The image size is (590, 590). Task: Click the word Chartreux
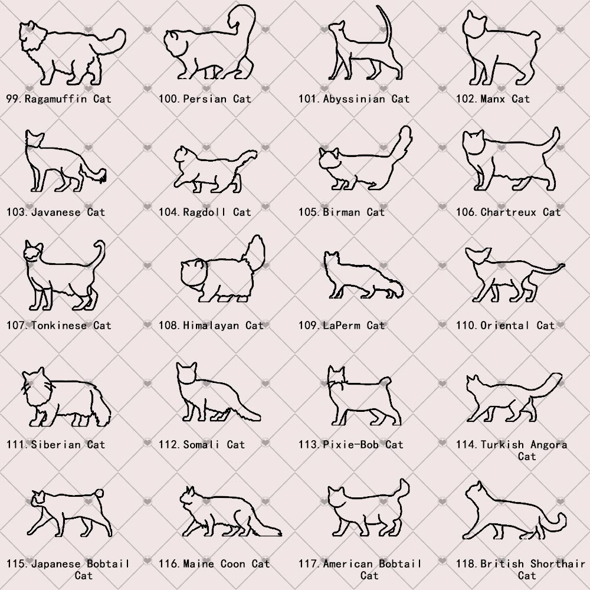coord(509,212)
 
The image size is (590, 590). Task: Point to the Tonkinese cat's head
coord(33,251)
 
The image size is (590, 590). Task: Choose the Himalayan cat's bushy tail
coord(254,253)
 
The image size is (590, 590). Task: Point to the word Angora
coord(549,445)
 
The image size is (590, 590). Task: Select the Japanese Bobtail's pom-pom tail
coord(99,493)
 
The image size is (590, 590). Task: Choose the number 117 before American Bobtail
coord(309,563)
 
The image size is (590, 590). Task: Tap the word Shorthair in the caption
coord(558,563)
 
